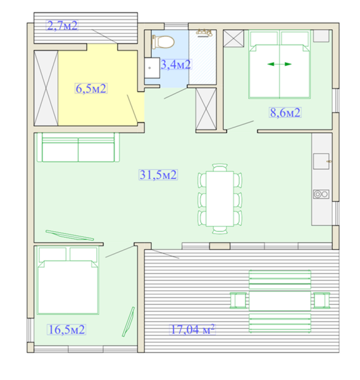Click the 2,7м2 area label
62,25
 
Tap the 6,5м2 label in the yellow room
90,89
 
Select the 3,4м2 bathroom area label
176,65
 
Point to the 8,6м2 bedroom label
285,113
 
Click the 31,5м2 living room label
158,175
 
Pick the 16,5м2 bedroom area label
66,329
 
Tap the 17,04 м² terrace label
192,329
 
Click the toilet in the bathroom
163,42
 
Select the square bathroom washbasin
152,68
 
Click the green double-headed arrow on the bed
279,64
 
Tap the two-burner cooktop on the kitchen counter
321,194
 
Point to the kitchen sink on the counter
321,161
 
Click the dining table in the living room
220,199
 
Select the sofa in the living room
78,147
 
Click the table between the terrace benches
280,301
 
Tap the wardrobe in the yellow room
46,88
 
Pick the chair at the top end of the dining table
220,167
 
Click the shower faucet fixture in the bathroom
204,32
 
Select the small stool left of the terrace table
238,300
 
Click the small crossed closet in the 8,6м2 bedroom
233,38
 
